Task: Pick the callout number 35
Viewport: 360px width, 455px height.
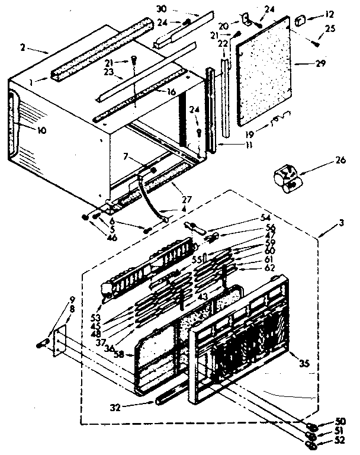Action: tap(306, 364)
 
